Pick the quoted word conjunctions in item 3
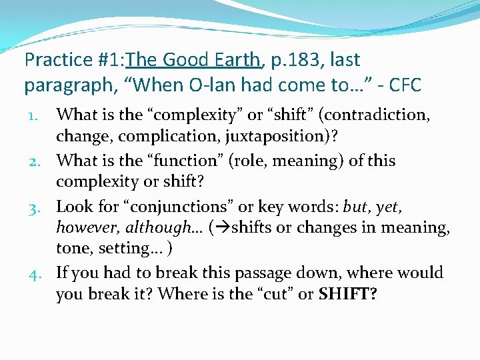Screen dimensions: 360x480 161,207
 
